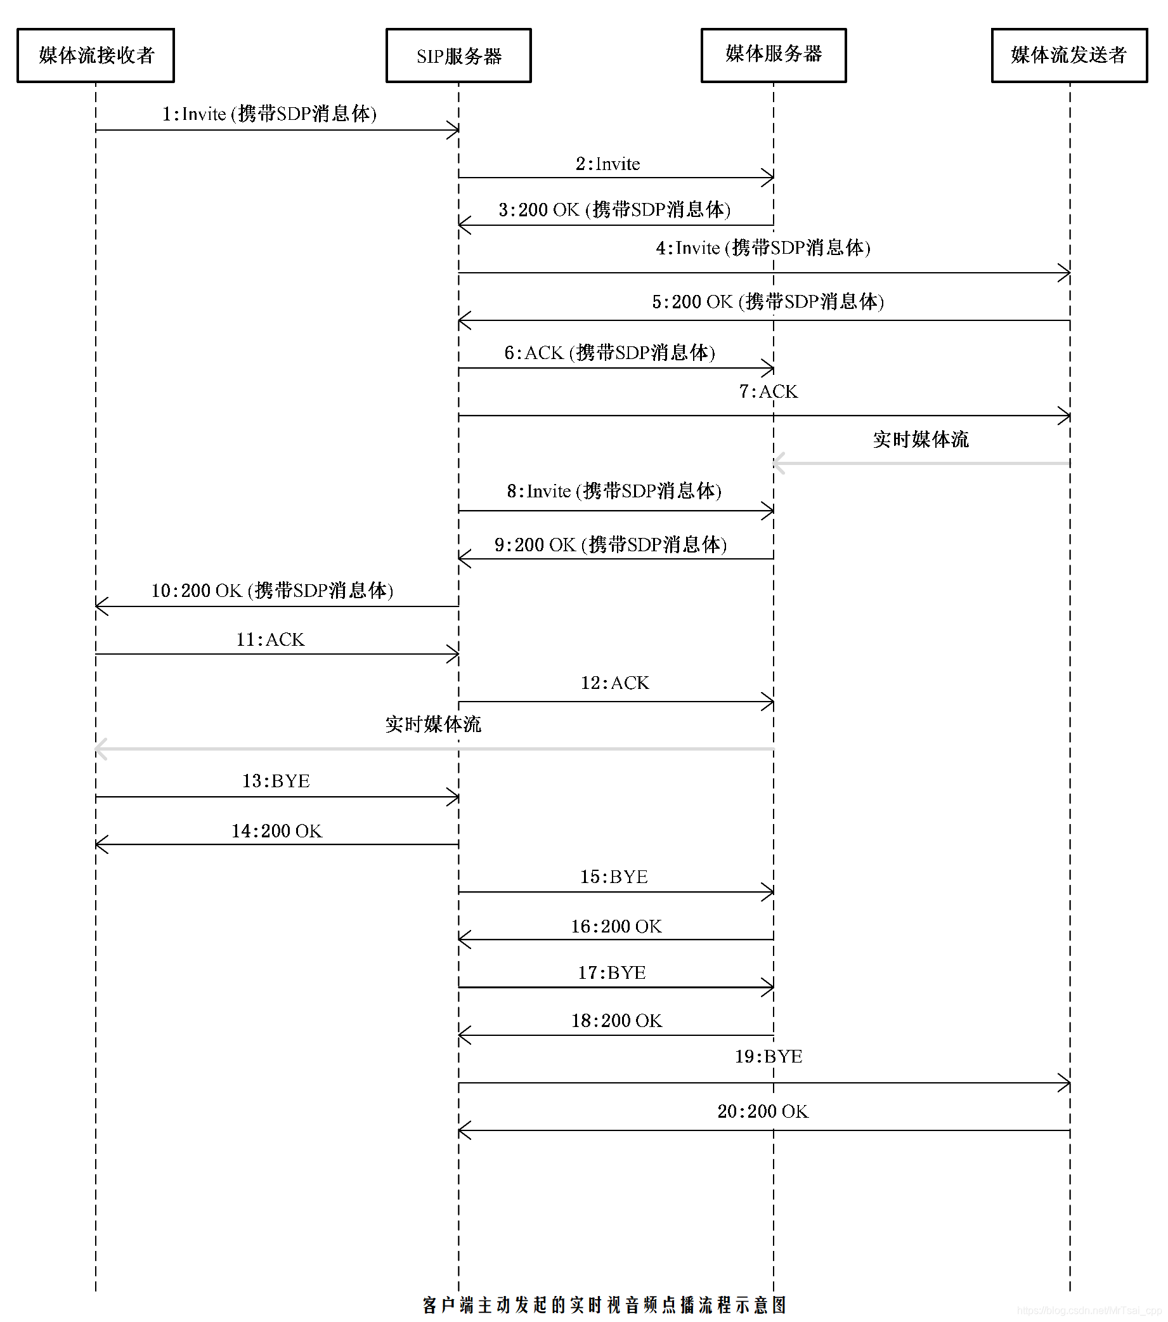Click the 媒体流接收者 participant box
click(x=96, y=55)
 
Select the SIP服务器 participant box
click(x=458, y=56)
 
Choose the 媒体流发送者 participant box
click(x=1069, y=55)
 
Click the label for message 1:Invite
click(x=269, y=114)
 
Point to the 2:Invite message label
click(x=607, y=164)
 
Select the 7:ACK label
click(x=768, y=391)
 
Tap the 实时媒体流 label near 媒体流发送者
click(x=921, y=440)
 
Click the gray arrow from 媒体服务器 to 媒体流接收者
click(x=433, y=749)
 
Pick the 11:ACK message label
click(x=270, y=639)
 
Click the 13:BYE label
click(x=276, y=782)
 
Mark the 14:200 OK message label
click(x=276, y=831)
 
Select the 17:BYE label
click(x=611, y=972)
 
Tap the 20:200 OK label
click(x=763, y=1111)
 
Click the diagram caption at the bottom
click(x=604, y=1305)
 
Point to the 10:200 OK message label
click(x=272, y=591)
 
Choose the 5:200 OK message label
click(x=768, y=302)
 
